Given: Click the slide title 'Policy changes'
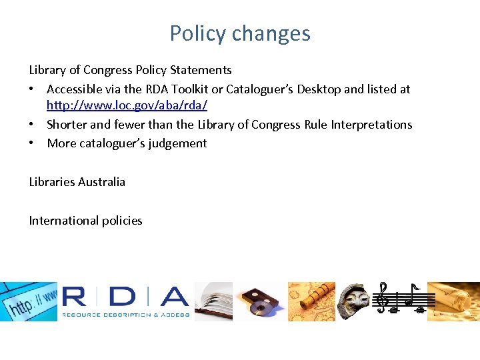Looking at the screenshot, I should (x=240, y=33).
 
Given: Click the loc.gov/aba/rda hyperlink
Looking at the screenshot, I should (x=127, y=105).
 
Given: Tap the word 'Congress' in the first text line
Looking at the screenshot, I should (x=109, y=70).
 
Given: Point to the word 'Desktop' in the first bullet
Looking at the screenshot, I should (x=328, y=89).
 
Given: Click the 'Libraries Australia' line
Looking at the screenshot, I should (x=77, y=182).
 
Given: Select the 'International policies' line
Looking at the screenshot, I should (x=85, y=221).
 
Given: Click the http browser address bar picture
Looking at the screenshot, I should (x=29, y=301).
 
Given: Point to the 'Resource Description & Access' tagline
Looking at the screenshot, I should (x=126, y=315).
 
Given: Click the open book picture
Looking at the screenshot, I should (x=213, y=301).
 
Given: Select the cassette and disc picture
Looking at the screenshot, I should (x=260, y=301).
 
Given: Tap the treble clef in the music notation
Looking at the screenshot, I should (x=382, y=298).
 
